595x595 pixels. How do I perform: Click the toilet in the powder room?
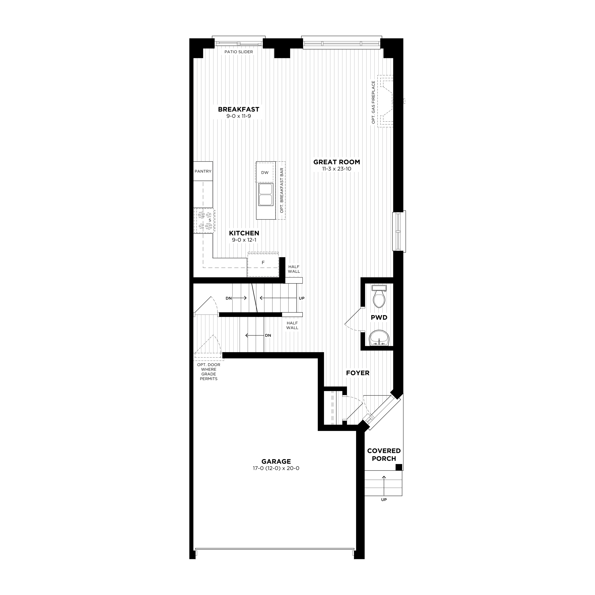[379, 296]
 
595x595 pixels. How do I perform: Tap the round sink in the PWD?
[379, 338]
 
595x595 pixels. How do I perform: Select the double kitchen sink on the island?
[265, 194]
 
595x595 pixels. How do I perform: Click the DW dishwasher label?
[265, 173]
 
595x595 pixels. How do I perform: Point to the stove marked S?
[204, 221]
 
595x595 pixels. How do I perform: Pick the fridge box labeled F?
[263, 263]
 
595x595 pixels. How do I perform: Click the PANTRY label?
[203, 171]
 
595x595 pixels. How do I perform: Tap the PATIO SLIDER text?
[239, 52]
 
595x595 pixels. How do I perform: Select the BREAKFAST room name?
[239, 109]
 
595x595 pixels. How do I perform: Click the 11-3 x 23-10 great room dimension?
[337, 169]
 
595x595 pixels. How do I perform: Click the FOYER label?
[357, 373]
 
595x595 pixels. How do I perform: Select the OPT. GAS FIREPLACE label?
[373, 103]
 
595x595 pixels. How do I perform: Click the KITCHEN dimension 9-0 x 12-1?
[244, 240]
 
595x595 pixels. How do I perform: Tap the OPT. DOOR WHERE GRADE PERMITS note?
[209, 372]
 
